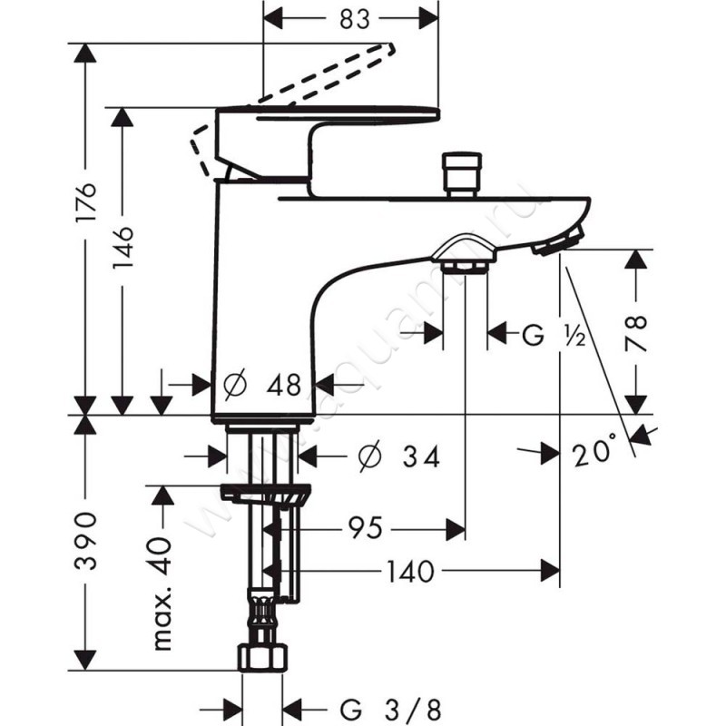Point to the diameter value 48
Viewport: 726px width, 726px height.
tap(283, 385)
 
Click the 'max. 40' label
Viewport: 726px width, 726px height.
tap(162, 592)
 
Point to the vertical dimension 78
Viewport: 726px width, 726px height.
tap(637, 331)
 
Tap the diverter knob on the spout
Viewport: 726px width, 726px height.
tap(461, 174)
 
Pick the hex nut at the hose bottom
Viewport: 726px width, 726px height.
tap(263, 656)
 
